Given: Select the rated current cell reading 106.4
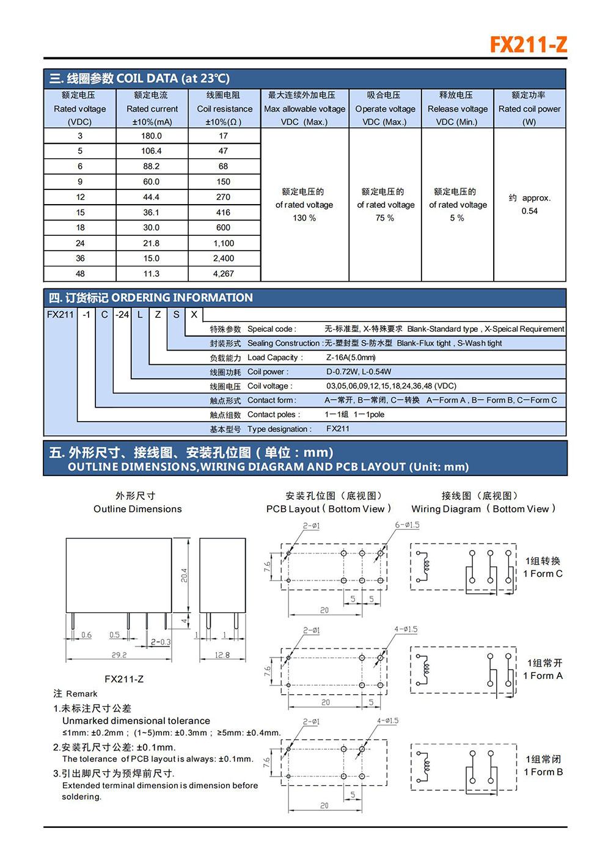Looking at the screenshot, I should (x=152, y=151).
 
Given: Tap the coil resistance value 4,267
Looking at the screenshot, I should (x=223, y=274).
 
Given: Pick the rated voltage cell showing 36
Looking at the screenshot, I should (x=80, y=258).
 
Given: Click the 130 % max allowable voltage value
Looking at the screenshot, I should (x=304, y=218).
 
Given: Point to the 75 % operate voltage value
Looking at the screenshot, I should (x=385, y=218).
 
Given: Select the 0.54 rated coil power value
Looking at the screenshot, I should (x=530, y=211).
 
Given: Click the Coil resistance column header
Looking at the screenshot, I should (x=224, y=109).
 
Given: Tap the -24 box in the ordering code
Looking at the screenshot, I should (x=122, y=315).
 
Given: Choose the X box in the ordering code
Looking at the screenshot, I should (x=194, y=315).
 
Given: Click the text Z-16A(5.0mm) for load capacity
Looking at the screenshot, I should (x=351, y=357).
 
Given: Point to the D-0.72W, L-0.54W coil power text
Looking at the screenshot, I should (x=359, y=372).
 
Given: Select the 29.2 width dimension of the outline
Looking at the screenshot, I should (x=119, y=655).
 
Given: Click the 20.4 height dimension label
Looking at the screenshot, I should (x=184, y=575).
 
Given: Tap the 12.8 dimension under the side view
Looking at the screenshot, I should (x=222, y=655).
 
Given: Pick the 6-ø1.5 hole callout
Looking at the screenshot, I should (x=407, y=525).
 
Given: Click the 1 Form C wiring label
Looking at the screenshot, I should (x=543, y=574).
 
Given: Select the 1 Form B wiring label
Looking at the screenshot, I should (x=543, y=772).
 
